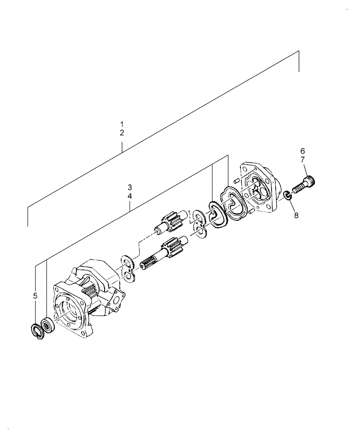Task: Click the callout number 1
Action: pos(122,124)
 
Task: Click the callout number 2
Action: pos(122,132)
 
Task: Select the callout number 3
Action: pos(130,187)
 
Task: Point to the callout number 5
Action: pos(35,296)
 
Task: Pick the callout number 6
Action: pos(303,151)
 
